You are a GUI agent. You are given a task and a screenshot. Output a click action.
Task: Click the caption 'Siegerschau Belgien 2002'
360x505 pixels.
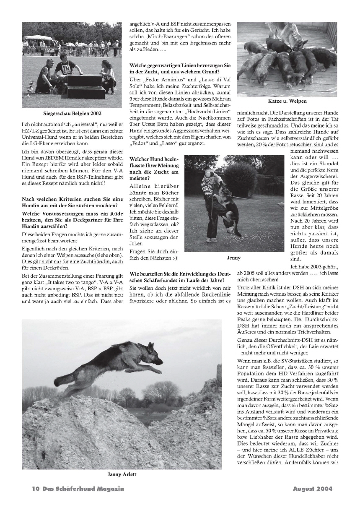pyautogui.click(x=72, y=113)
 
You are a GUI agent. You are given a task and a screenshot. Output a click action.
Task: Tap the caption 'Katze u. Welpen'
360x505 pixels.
pyautogui.click(x=287, y=101)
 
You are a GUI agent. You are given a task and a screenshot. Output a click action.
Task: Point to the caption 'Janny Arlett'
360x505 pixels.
pyautogui.click(x=122, y=474)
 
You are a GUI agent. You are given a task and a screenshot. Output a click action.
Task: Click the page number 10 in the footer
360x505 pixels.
pyautogui.click(x=35, y=488)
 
